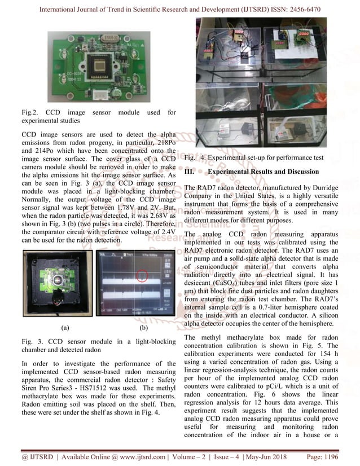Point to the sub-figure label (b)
pos(143,327)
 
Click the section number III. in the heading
pos(190,172)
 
